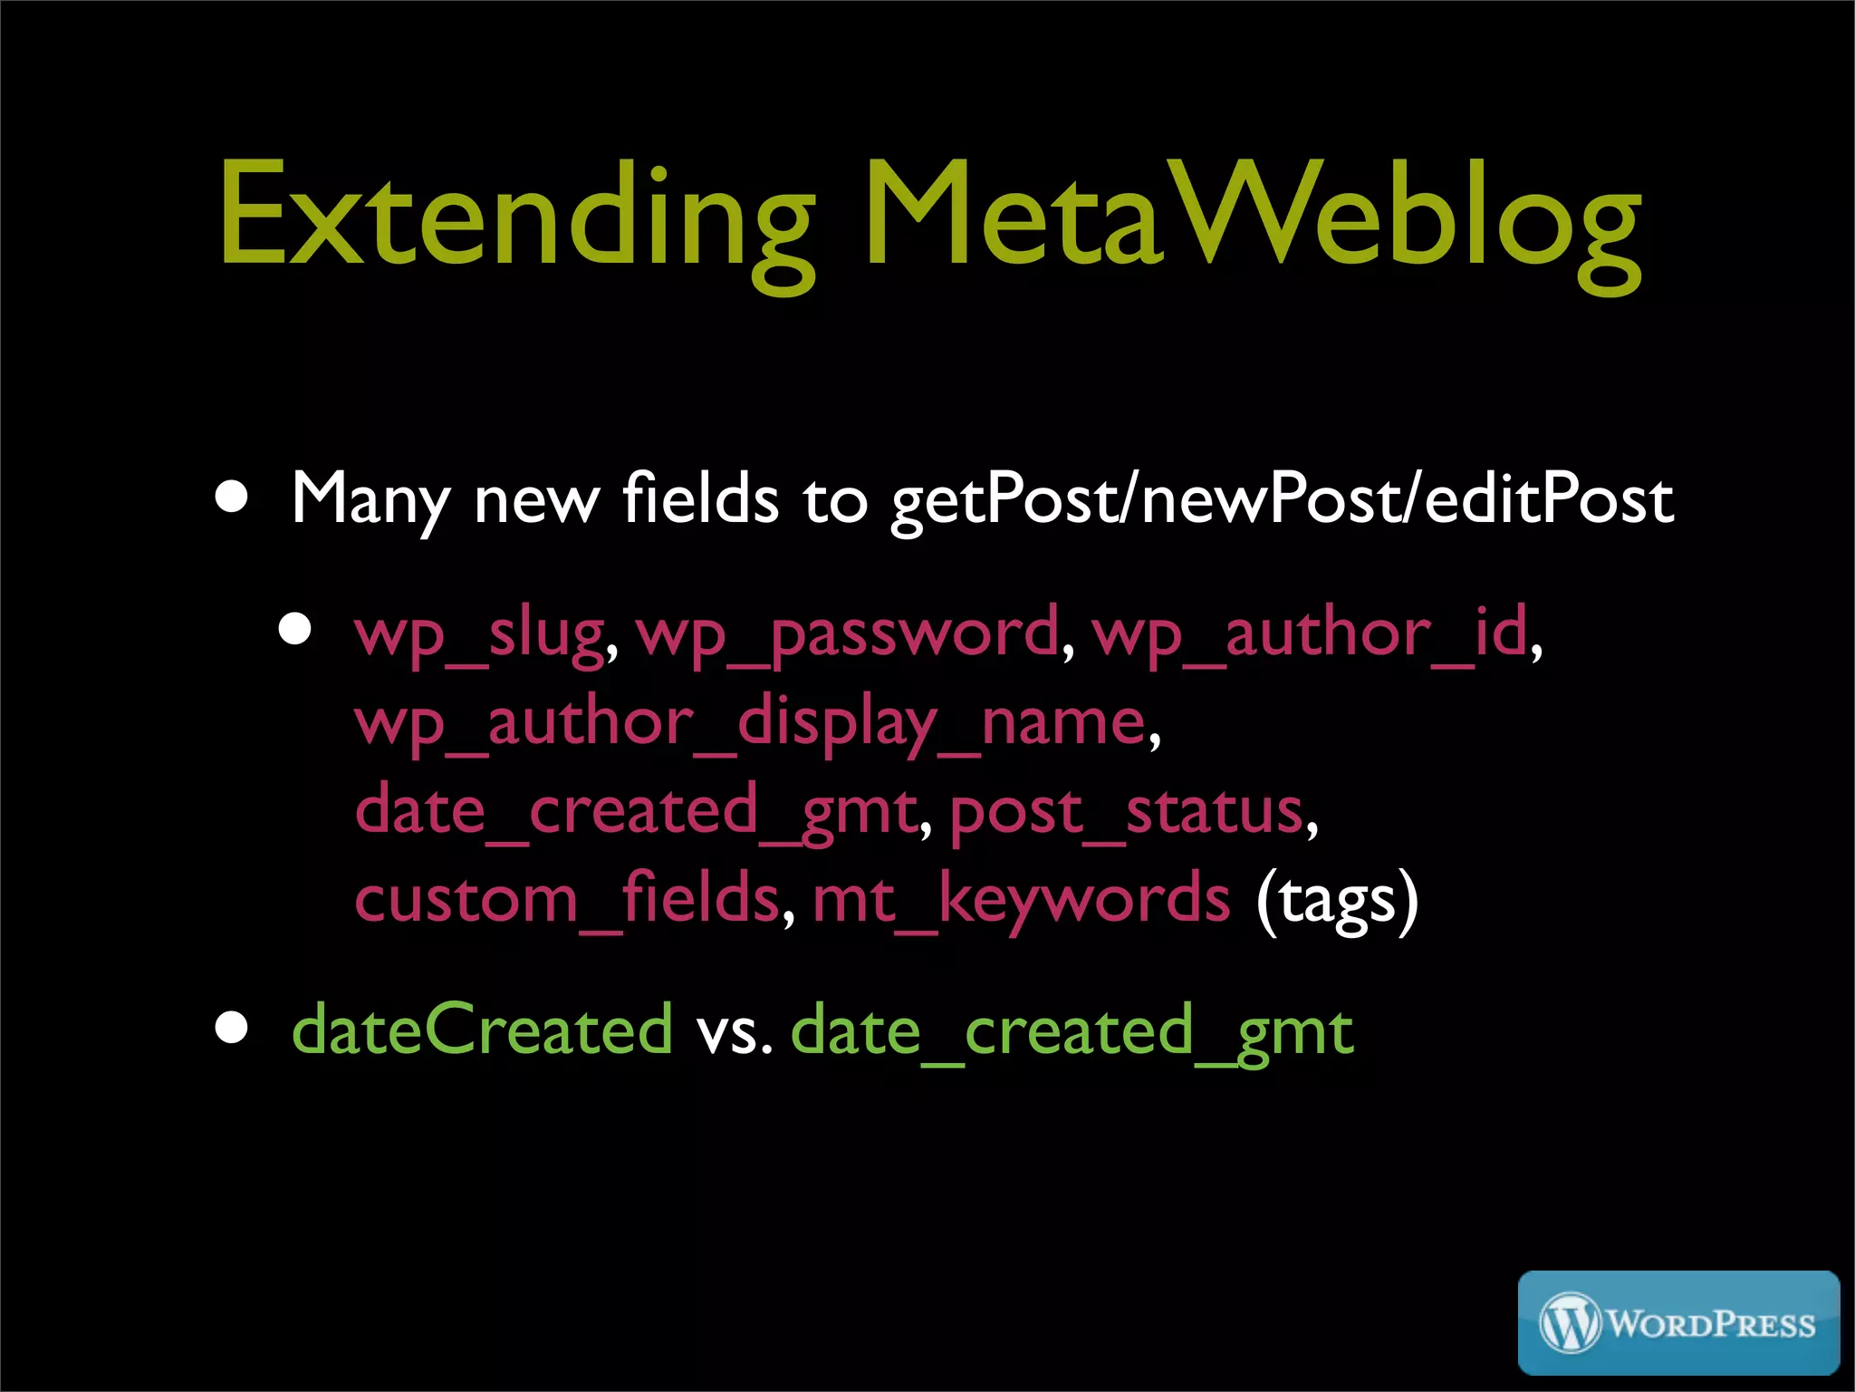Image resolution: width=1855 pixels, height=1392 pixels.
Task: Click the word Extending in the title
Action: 516,217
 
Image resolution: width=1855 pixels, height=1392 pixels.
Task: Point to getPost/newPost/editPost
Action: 1283,500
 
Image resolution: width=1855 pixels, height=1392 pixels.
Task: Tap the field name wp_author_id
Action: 1310,632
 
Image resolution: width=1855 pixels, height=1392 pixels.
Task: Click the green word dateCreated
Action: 482,1029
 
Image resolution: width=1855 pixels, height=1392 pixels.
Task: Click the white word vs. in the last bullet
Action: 734,1031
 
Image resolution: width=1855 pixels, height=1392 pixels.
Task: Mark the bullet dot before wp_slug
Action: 295,628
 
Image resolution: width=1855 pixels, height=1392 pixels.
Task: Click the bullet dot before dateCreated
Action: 233,1028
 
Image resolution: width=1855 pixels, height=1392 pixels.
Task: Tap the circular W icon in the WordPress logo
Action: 1571,1323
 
